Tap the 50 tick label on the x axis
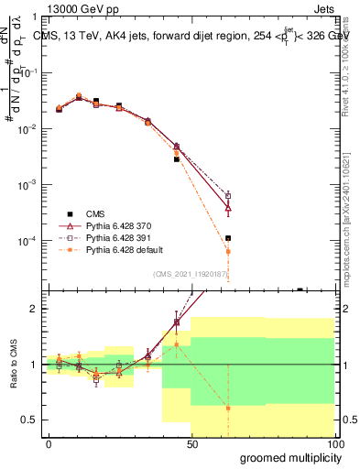click(192, 444)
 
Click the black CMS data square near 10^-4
click(228, 238)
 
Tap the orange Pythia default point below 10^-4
click(228, 251)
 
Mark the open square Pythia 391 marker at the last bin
click(228, 196)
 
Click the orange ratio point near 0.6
click(228, 409)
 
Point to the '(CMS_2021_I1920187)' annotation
click(191, 274)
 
